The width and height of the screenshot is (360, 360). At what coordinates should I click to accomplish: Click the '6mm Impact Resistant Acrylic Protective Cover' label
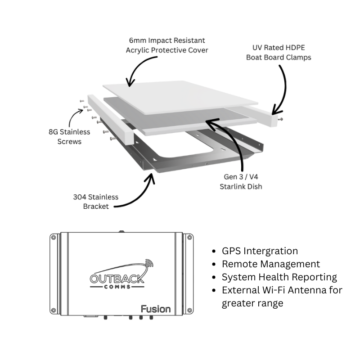click(167, 45)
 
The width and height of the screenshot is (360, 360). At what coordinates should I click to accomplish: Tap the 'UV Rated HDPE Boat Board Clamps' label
click(279, 52)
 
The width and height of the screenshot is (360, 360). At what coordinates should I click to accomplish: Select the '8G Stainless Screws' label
click(69, 137)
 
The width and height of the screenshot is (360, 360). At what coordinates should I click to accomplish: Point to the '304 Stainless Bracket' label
click(96, 202)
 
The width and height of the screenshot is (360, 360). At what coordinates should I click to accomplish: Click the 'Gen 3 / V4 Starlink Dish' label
click(241, 182)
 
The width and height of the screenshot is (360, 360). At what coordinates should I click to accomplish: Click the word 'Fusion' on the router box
click(156, 309)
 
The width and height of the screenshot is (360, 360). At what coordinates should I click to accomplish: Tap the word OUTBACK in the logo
click(117, 279)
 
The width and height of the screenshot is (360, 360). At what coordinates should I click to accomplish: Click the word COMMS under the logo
click(117, 287)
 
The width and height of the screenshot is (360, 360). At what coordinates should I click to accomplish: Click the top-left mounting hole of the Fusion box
click(53, 238)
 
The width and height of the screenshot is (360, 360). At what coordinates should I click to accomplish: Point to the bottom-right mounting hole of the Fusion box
click(189, 310)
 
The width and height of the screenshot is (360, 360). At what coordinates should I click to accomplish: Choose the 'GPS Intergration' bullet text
click(260, 251)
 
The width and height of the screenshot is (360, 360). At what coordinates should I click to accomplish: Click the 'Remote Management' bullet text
click(271, 264)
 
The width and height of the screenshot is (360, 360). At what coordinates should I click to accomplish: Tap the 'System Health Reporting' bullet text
click(279, 277)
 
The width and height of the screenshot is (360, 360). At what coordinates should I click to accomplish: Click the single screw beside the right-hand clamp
click(280, 119)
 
